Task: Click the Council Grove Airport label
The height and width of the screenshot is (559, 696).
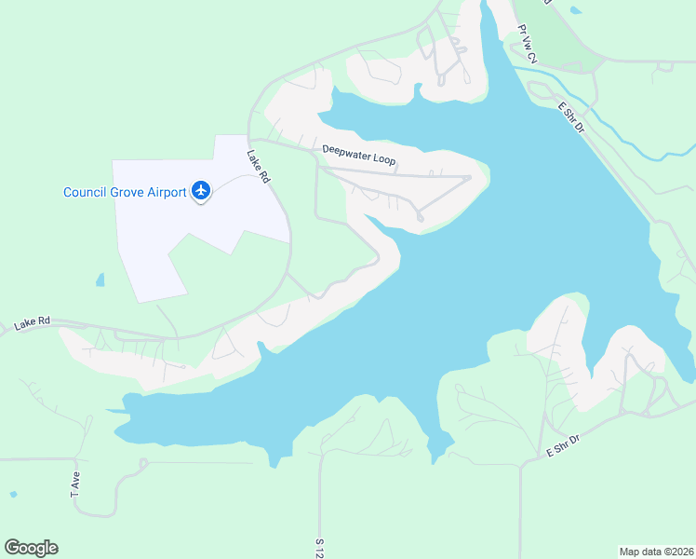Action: (x=125, y=193)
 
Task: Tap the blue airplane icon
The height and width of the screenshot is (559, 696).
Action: (x=200, y=191)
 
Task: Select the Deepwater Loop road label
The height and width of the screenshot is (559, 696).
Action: (x=359, y=155)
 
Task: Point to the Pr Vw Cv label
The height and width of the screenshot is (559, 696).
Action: (x=528, y=45)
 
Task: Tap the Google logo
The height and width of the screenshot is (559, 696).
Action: (x=31, y=547)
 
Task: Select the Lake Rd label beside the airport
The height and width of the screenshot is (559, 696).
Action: (x=258, y=166)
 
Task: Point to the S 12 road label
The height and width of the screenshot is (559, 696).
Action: (x=318, y=546)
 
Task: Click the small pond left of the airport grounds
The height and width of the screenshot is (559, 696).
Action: (x=100, y=279)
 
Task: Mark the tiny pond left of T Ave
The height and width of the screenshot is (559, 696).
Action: (x=12, y=494)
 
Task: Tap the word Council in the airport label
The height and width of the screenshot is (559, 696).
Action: (x=83, y=193)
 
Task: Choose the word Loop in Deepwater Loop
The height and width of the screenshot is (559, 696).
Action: (x=385, y=160)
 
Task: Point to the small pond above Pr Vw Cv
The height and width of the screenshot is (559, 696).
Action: (x=576, y=10)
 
